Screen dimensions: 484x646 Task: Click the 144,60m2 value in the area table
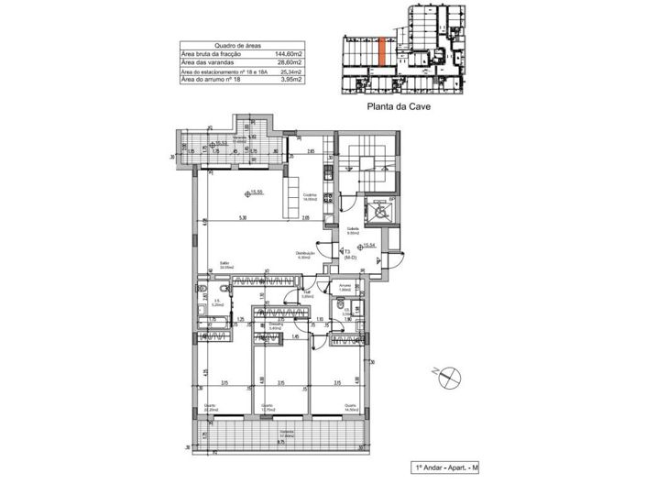click(289, 54)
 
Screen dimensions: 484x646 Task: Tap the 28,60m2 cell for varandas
click(290, 63)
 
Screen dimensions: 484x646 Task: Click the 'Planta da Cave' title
click(399, 106)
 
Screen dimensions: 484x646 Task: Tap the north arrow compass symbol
click(449, 376)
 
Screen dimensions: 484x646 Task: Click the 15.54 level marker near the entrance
click(367, 246)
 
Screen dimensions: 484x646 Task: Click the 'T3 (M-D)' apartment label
click(349, 258)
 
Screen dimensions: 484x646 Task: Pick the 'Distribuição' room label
click(305, 255)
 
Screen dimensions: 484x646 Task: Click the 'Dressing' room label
click(276, 324)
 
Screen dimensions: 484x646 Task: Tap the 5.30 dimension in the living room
click(243, 218)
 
